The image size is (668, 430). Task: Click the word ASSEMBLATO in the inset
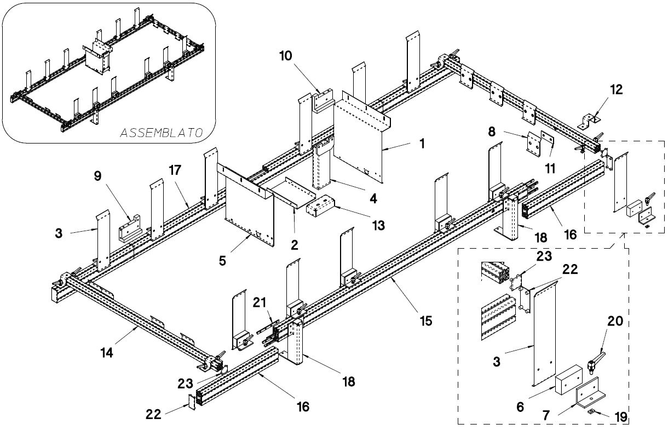(x=162, y=133)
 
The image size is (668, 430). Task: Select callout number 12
(x=617, y=89)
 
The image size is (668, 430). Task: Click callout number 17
(x=175, y=170)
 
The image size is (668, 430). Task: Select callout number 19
(x=620, y=417)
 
